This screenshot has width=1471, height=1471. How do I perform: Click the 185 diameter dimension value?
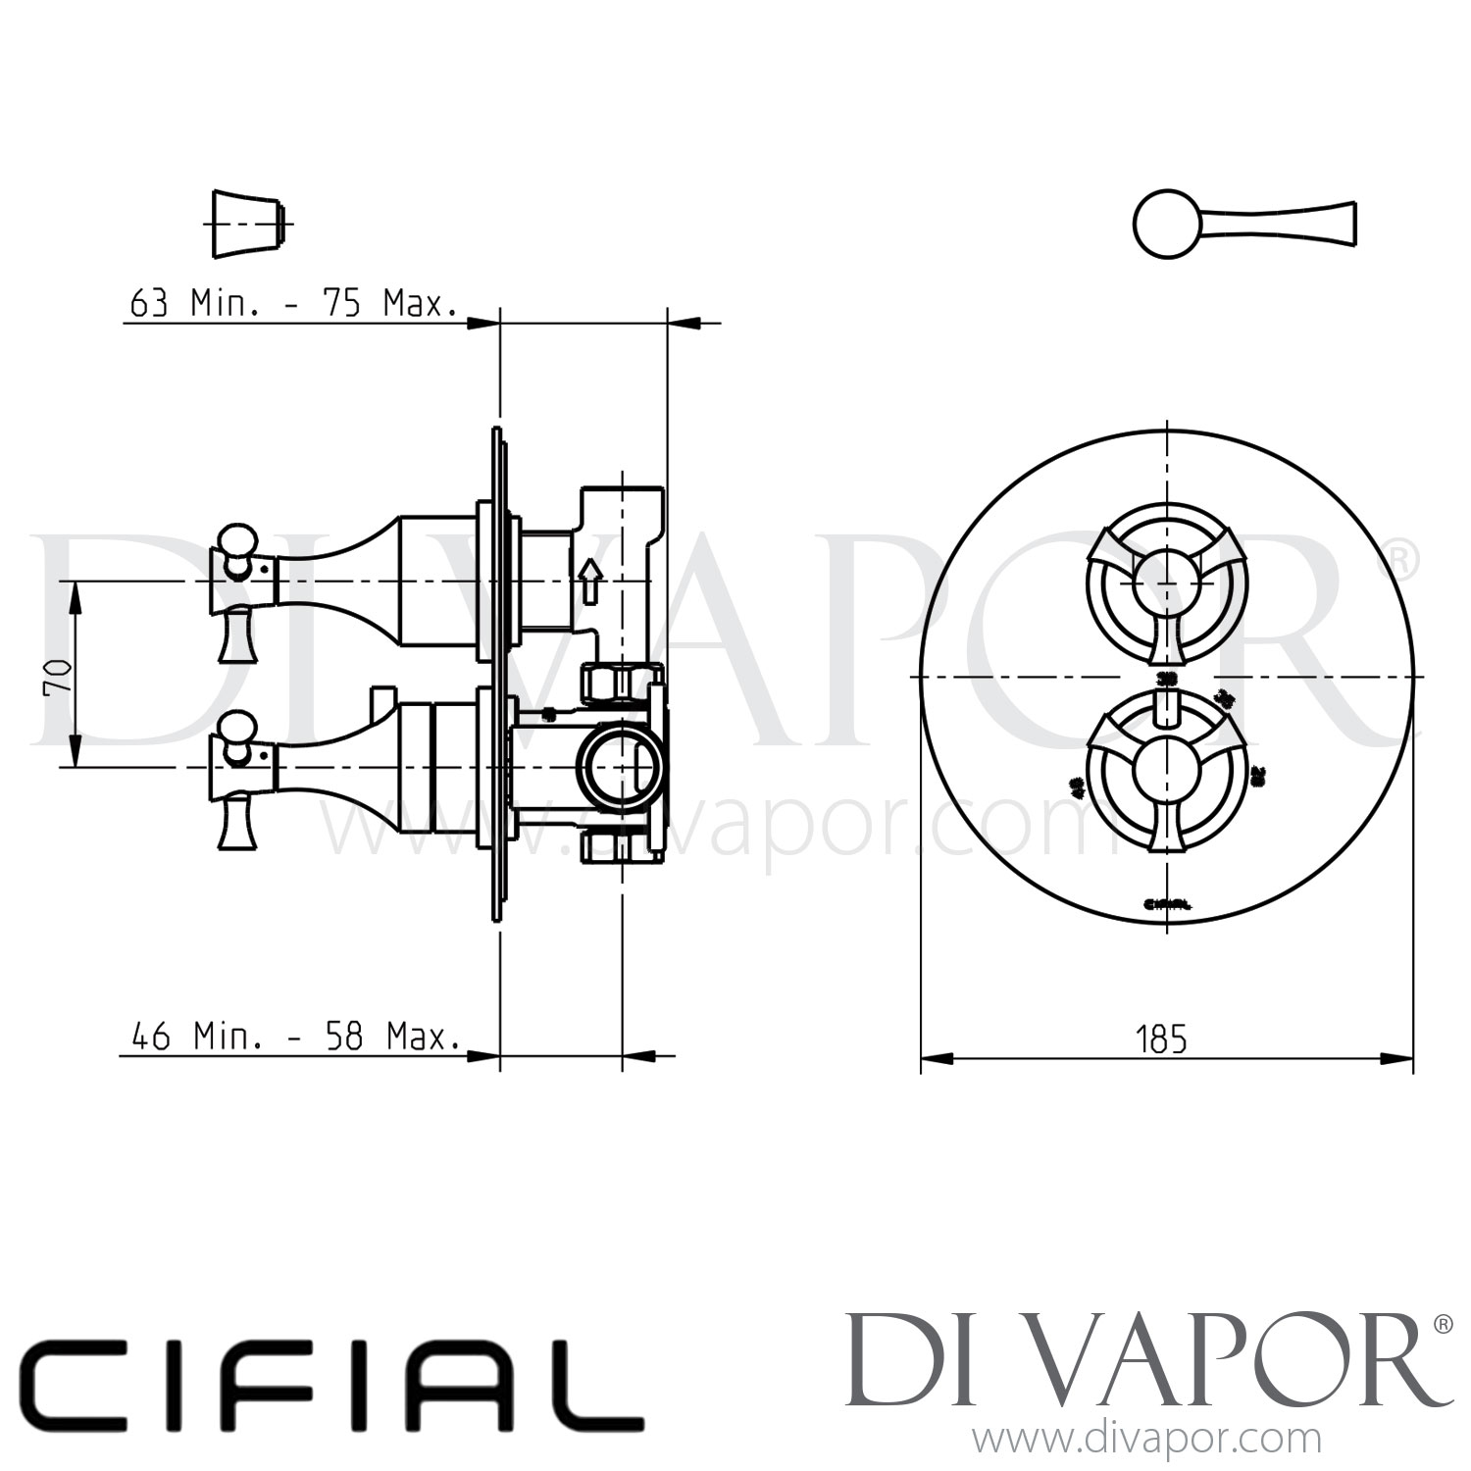tap(1162, 1039)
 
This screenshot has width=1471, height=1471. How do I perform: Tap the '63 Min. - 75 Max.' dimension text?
tap(293, 304)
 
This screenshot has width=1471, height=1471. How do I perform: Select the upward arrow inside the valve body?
tap(588, 581)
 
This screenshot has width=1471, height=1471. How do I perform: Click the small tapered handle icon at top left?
tap(250, 224)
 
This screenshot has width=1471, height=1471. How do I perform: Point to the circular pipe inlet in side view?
tap(613, 766)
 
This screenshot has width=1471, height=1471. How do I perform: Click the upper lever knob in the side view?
tap(237, 540)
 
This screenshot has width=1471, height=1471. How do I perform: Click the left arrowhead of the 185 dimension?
tap(937, 1058)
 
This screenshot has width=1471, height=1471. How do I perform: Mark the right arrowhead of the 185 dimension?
tap(1397, 1058)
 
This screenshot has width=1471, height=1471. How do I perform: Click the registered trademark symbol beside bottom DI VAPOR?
tap(1442, 1324)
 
